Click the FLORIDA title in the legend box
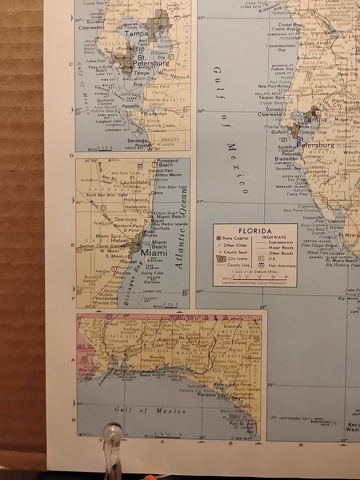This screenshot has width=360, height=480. pos(254,231)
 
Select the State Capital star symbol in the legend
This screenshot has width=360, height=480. pos(218,238)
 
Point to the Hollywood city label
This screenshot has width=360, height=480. pos(136,199)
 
